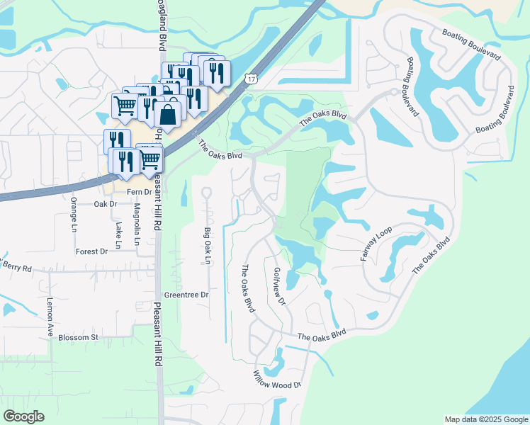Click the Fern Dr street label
(x=139, y=192)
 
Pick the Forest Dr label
(x=91, y=251)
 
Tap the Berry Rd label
(x=17, y=268)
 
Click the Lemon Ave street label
(x=50, y=310)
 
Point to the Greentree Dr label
(x=186, y=295)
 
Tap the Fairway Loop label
(x=371, y=244)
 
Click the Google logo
(x=23, y=416)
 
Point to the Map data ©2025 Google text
(x=486, y=419)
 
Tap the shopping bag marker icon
(x=169, y=112)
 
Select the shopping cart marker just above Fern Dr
(x=150, y=159)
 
